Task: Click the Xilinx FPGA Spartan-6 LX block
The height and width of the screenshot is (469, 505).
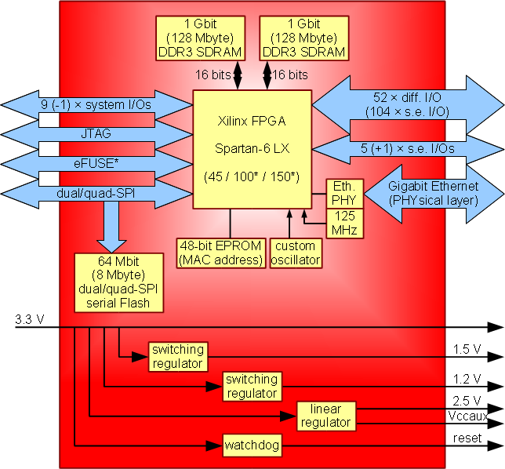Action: tap(252, 149)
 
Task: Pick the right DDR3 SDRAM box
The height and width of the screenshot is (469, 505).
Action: tap(303, 37)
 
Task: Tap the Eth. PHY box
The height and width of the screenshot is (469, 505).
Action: tap(341, 193)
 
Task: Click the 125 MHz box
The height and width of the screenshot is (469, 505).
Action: tap(341, 222)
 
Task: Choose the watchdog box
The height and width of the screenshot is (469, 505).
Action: tap(251, 445)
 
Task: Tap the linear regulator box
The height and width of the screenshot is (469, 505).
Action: tap(326, 416)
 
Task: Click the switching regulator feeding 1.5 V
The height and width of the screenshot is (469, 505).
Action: tap(178, 356)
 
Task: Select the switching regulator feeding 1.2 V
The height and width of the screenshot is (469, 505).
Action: tap(251, 386)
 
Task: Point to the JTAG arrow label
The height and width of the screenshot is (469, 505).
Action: tap(96, 134)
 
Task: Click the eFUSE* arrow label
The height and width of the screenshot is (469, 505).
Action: tap(96, 164)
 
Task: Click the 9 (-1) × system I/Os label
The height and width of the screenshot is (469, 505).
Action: tap(96, 104)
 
